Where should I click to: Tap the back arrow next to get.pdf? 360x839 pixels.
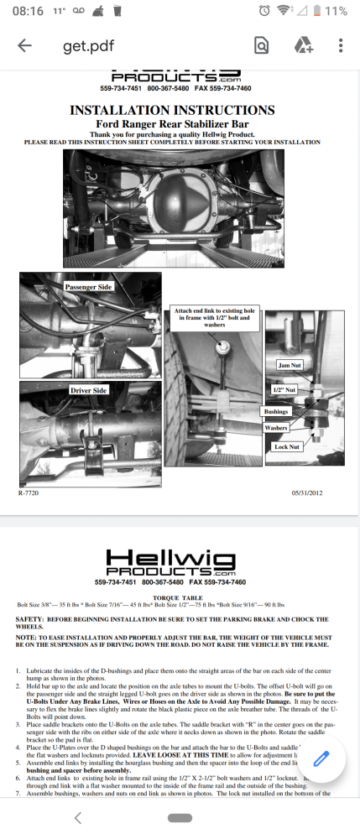pos(24,46)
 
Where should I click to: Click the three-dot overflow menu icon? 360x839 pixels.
pos(340,45)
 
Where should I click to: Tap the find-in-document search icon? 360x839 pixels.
pos(261,45)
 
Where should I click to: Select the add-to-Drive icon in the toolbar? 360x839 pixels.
pos(303,45)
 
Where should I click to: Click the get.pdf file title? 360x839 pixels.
pos(87,46)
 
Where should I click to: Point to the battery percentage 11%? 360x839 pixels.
pos(336,11)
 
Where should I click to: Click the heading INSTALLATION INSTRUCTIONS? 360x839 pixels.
pos(171,110)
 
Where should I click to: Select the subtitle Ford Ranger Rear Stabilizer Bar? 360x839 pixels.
pos(171,124)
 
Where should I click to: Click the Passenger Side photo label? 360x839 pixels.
pos(87,286)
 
